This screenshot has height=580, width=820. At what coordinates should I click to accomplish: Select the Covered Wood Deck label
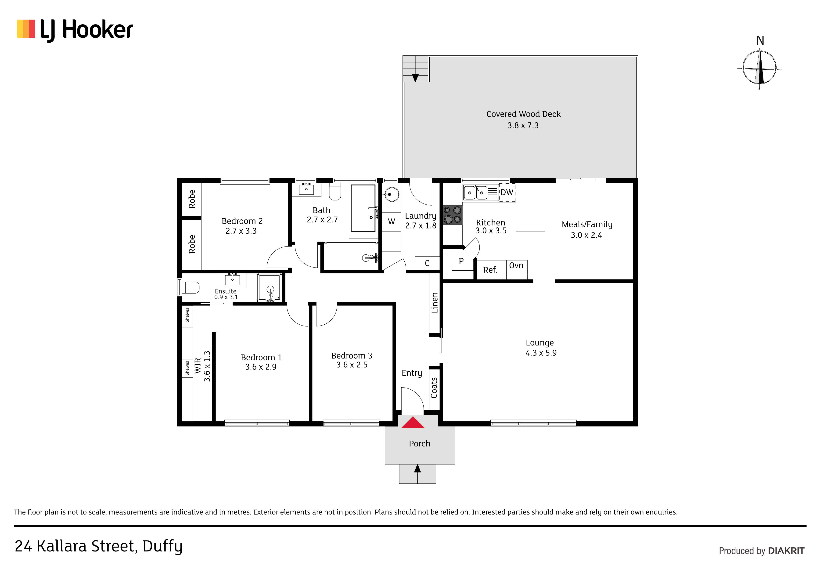click(x=523, y=114)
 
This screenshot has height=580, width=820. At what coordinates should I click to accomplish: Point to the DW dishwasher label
click(x=507, y=192)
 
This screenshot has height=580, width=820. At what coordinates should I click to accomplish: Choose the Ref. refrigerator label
click(x=490, y=270)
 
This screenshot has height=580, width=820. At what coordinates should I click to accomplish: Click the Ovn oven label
click(x=516, y=265)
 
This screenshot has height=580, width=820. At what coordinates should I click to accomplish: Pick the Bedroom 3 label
click(x=352, y=355)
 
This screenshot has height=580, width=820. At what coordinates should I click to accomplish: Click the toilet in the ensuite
click(x=190, y=288)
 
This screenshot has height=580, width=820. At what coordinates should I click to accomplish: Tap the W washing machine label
click(x=392, y=221)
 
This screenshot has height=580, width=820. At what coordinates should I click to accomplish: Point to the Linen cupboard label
click(x=435, y=303)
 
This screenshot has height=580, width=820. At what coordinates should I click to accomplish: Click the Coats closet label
click(x=434, y=388)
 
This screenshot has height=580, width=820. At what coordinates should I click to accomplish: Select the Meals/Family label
click(x=587, y=225)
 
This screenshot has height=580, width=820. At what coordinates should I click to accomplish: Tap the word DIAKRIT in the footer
click(x=786, y=551)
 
